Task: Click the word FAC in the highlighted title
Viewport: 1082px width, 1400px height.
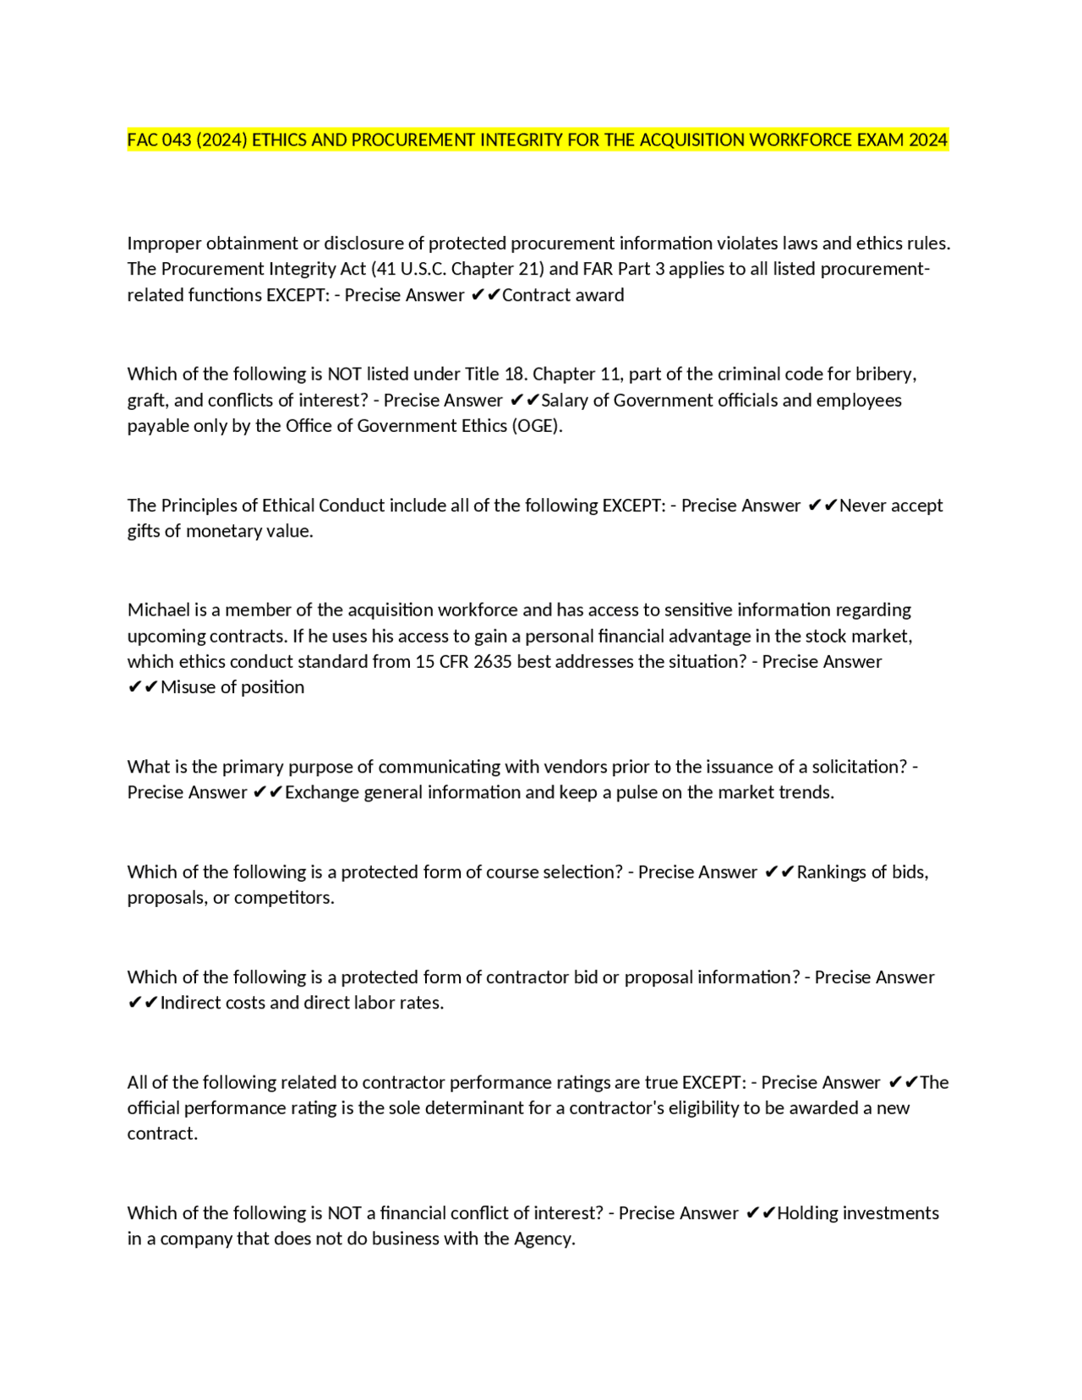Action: pyautogui.click(x=142, y=140)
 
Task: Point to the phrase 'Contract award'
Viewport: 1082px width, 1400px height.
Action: pyautogui.click(x=563, y=295)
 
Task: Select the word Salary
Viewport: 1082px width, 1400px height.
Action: pyautogui.click(x=566, y=401)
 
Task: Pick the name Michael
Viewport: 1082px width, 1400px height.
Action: pyautogui.click(x=158, y=610)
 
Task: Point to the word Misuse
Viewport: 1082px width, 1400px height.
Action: pyautogui.click(x=188, y=687)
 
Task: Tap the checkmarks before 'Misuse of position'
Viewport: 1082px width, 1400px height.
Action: pyautogui.click(x=142, y=687)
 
